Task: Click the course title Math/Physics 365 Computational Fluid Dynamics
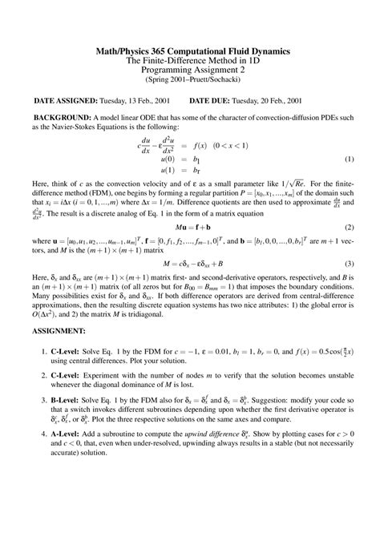coord(189,51)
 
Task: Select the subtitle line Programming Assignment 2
coord(189,70)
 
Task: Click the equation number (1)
coord(350,159)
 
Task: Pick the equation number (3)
coord(350,263)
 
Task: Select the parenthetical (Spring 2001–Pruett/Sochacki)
coord(189,80)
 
